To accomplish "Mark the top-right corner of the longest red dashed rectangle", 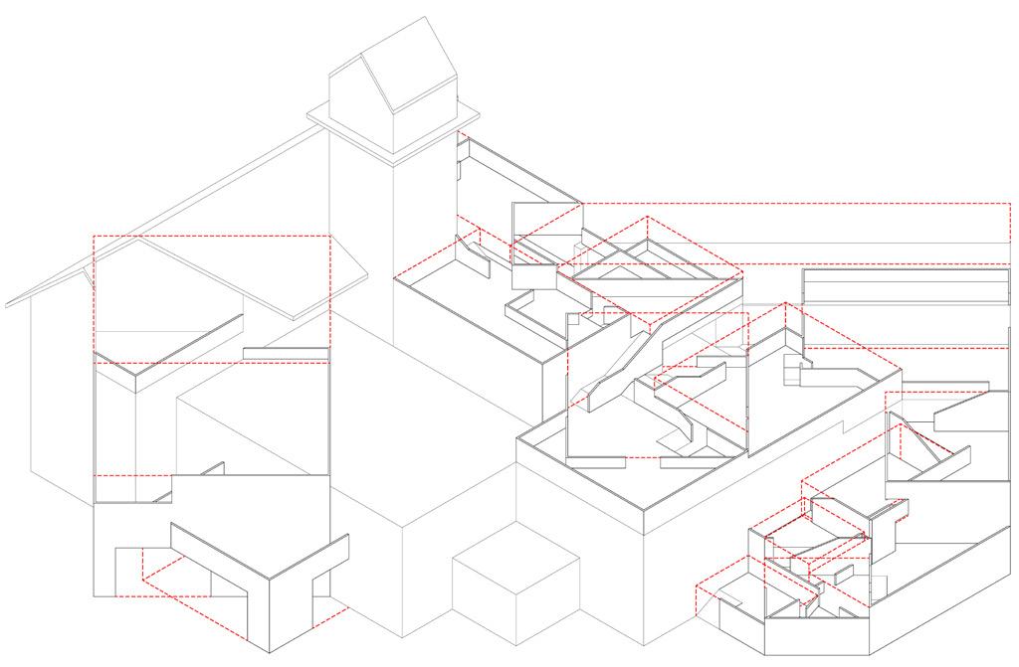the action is coord(1010,203).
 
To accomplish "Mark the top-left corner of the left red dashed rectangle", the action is coord(93,236).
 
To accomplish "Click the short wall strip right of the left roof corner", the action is coord(286,352).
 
